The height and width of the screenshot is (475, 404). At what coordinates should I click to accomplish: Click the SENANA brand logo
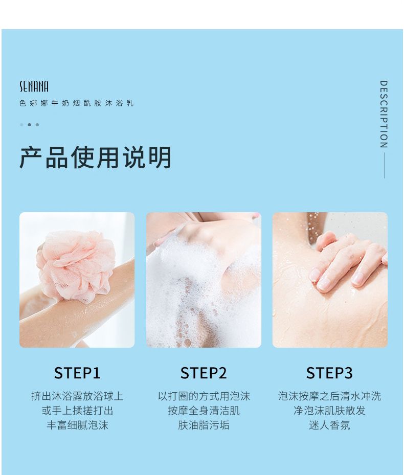pos(34,86)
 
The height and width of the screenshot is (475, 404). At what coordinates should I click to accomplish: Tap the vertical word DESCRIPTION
pos(384,114)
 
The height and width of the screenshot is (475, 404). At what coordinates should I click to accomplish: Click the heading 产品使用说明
pos(96,157)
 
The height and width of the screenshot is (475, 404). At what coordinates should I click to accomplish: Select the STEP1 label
pos(77,373)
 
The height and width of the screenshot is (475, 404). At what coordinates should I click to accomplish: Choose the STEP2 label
pos(204,373)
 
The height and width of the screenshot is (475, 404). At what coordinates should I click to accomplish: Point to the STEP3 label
pos(329,373)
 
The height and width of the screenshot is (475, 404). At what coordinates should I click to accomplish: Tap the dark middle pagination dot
pos(29,125)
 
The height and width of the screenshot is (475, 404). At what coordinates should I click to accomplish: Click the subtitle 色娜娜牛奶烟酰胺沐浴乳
pos(76,103)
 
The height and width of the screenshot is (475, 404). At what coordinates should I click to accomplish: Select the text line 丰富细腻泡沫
pos(77,425)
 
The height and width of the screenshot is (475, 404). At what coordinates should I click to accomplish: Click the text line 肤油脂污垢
pos(204,425)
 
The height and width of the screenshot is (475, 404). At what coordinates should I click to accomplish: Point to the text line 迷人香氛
pos(329,425)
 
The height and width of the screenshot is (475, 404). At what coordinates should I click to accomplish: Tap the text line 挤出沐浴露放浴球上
pos(77,396)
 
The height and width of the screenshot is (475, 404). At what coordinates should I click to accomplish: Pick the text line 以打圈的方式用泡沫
pos(204,396)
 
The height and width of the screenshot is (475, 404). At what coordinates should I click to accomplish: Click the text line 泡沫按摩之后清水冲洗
pos(329,396)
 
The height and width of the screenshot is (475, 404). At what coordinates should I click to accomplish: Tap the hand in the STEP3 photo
pos(349,261)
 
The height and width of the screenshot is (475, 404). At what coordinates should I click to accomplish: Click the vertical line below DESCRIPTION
pos(384,165)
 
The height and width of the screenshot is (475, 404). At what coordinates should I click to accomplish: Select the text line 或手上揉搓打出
pos(77,411)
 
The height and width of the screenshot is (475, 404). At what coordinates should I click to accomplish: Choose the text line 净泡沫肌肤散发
pos(329,411)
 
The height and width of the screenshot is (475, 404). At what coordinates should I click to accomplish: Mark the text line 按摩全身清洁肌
pos(204,411)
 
